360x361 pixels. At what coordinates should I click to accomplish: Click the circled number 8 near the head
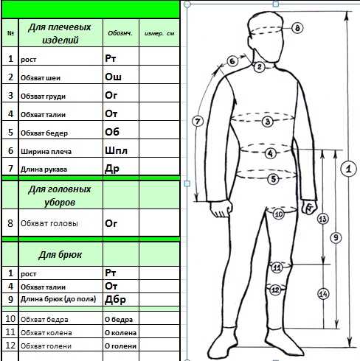(297, 28)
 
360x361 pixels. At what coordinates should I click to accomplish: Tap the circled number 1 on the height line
(348, 169)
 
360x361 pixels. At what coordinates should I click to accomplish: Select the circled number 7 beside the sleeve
(198, 122)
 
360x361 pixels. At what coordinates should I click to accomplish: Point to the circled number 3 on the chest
(268, 122)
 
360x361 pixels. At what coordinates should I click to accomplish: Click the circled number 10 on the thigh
(279, 214)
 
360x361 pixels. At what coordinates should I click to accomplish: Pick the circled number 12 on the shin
(275, 290)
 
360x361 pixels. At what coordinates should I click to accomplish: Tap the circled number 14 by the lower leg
(323, 294)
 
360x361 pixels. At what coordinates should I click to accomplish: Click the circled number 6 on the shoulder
(232, 61)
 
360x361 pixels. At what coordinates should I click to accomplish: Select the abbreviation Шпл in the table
(116, 150)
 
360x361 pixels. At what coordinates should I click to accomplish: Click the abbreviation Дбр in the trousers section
(115, 299)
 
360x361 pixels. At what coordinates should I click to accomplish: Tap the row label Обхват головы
(49, 223)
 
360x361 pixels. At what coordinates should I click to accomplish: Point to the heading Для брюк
(60, 255)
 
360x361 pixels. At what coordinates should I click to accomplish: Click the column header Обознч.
(120, 33)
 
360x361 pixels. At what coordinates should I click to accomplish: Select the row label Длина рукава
(44, 169)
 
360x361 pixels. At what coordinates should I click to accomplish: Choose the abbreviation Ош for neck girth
(113, 77)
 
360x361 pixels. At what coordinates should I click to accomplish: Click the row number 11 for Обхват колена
(10, 332)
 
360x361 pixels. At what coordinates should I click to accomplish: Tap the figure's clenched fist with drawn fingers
(309, 208)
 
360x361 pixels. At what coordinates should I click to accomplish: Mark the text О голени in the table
(120, 346)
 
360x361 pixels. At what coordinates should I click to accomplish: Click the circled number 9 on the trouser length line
(336, 237)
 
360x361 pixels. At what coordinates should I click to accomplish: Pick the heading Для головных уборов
(60, 196)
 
